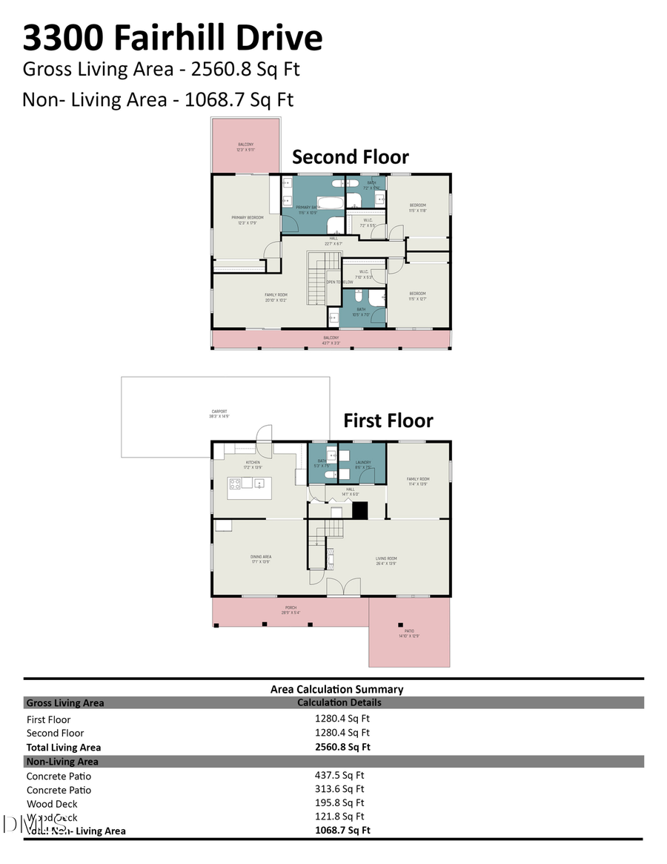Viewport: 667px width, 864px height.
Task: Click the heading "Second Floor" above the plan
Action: tap(350, 157)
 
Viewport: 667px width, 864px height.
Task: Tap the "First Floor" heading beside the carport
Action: tap(388, 421)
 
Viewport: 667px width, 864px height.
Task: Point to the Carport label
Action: tap(219, 413)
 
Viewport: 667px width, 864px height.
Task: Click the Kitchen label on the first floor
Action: tap(253, 464)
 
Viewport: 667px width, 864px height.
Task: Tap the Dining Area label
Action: tap(260, 558)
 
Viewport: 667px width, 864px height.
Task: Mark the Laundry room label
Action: tap(362, 464)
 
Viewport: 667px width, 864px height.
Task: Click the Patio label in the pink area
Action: tap(410, 633)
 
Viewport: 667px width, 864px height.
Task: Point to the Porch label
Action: tap(291, 609)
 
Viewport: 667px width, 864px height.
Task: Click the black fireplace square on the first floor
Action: tap(360, 510)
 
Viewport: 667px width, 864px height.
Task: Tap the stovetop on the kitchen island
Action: tap(235, 484)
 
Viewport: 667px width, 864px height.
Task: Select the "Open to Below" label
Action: tap(339, 283)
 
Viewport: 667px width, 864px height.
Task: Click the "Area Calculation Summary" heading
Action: tap(336, 689)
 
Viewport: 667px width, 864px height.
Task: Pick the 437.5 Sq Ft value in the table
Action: tap(339, 776)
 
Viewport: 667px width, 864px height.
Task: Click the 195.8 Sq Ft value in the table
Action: tap(339, 803)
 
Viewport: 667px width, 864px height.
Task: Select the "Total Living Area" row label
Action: tap(64, 748)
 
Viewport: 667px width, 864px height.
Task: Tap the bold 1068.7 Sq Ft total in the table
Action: tap(342, 831)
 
